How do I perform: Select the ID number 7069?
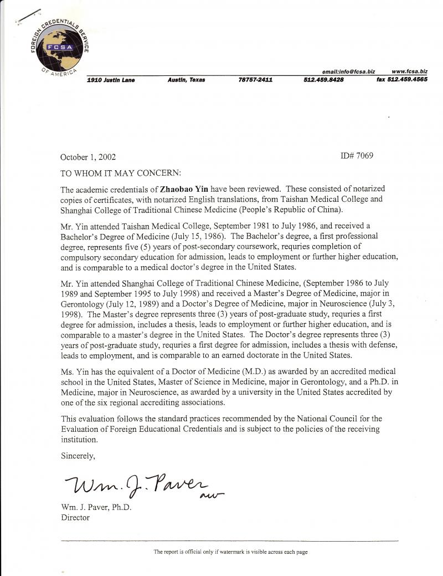point(358,156)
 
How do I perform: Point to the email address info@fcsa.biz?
point(348,72)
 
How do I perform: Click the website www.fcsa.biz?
point(409,72)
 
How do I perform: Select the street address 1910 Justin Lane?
point(111,80)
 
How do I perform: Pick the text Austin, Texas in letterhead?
point(186,80)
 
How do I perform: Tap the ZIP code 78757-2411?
point(255,80)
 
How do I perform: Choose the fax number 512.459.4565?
point(401,80)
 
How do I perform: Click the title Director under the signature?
point(75,518)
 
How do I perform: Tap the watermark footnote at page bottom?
point(230,552)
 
